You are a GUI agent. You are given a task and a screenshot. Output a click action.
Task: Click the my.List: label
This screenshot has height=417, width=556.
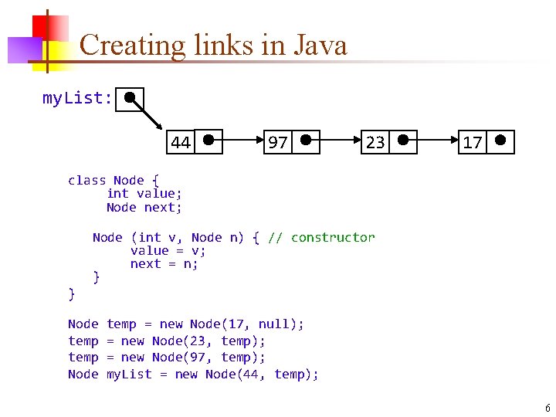[77, 99]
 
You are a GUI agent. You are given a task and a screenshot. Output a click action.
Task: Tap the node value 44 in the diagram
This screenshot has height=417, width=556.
[181, 143]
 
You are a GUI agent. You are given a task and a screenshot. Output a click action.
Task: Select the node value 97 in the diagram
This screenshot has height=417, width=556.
[277, 143]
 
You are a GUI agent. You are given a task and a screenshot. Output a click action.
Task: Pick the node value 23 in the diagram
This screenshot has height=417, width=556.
[375, 143]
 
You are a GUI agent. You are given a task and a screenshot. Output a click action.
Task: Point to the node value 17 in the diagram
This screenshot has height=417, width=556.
[473, 143]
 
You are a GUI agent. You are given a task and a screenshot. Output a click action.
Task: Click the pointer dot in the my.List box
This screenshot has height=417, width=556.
[131, 98]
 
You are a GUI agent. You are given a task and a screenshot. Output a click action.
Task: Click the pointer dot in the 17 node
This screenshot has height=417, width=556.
[500, 141]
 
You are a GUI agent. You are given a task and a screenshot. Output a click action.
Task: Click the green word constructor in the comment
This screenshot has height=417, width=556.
[333, 237]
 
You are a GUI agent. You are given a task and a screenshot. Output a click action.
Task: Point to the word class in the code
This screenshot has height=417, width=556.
[86, 180]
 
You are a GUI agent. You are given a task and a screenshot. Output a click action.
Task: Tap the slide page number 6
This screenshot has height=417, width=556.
[547, 408]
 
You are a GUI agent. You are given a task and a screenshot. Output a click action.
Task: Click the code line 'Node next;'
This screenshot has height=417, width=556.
[144, 207]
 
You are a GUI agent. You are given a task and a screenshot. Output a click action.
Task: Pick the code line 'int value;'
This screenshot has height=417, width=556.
[144, 193]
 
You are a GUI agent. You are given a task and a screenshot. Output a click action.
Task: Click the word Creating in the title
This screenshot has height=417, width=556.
[132, 46]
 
